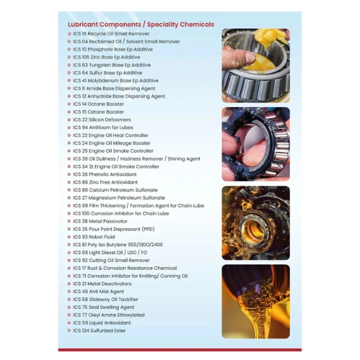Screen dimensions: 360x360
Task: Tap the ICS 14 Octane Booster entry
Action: [101, 104]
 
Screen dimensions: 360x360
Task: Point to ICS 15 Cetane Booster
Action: [101, 112]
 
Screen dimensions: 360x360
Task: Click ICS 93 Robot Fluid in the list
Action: [96, 237]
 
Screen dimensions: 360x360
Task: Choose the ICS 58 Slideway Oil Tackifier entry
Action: [108, 300]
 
